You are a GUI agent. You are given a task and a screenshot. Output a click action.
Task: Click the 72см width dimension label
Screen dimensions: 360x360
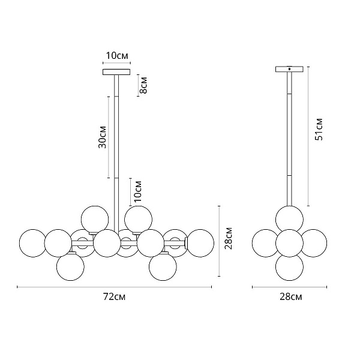coord(114,297)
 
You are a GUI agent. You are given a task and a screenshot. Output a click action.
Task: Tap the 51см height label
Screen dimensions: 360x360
coord(319,129)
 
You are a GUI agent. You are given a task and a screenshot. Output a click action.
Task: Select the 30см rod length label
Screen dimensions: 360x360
coord(103,137)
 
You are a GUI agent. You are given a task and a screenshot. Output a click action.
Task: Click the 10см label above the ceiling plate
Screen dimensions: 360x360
coord(117,56)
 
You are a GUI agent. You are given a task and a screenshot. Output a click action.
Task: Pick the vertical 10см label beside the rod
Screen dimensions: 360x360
coord(138,191)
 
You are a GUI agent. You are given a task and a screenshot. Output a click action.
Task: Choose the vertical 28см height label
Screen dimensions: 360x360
coord(229,238)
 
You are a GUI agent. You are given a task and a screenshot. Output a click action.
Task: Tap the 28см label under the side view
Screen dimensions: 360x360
coord(290,297)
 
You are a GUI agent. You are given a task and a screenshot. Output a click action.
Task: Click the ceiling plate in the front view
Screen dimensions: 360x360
coord(116,72)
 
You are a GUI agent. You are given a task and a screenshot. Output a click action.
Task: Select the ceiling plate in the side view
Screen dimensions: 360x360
coord(289,69)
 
